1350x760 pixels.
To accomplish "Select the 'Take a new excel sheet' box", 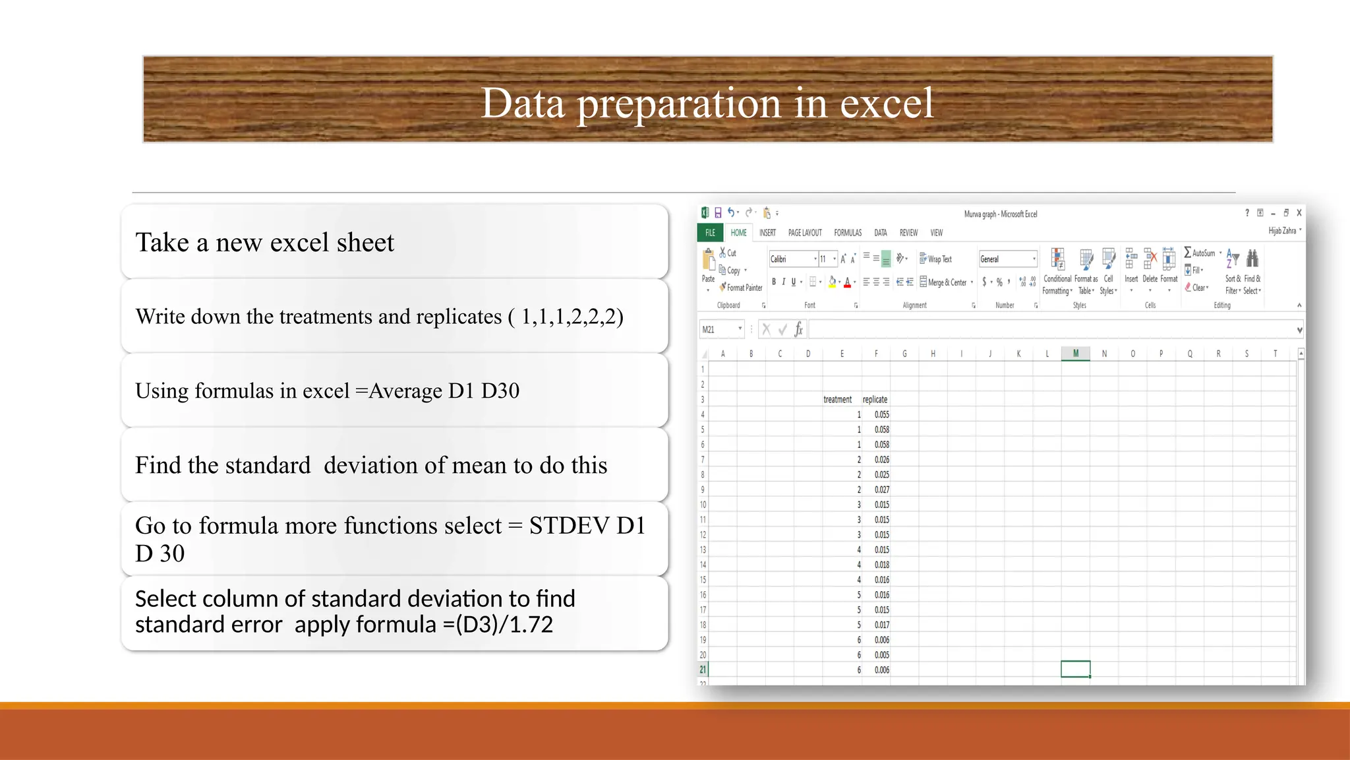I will point(394,242).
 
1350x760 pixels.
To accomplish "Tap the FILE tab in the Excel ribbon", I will point(710,233).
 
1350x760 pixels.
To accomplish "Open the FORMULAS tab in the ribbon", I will point(847,233).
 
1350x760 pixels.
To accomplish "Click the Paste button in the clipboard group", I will point(709,267).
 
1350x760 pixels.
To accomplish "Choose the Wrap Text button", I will point(936,259).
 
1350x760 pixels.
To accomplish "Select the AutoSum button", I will point(1200,253).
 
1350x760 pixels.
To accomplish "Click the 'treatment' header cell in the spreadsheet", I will point(837,400).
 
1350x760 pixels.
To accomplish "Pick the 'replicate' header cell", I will point(875,400).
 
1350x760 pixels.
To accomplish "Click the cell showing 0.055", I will point(881,414).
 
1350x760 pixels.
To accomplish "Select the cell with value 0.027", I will point(881,490).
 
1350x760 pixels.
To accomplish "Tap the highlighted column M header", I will point(1075,354).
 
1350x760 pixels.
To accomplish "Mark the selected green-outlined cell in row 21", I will point(1075,669).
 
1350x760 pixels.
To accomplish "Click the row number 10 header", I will point(703,505).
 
